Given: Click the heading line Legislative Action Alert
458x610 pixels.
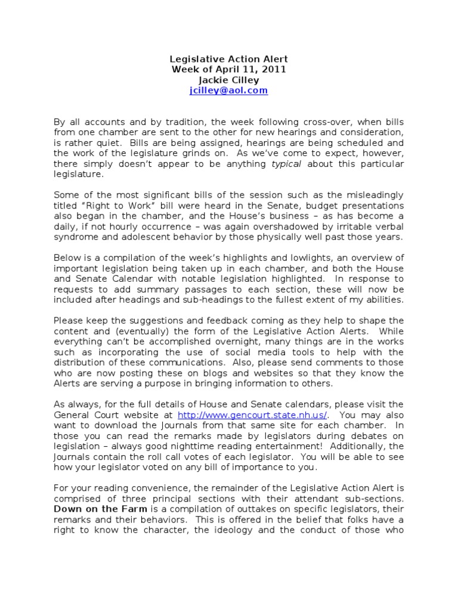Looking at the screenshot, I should click(229, 59).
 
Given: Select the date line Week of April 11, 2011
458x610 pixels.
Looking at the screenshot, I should click(229, 69).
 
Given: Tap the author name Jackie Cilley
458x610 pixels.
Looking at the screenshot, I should click(229, 80).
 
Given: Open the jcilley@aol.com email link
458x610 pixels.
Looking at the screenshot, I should click(229, 91).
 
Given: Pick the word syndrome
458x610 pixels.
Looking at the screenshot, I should click(75, 236).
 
